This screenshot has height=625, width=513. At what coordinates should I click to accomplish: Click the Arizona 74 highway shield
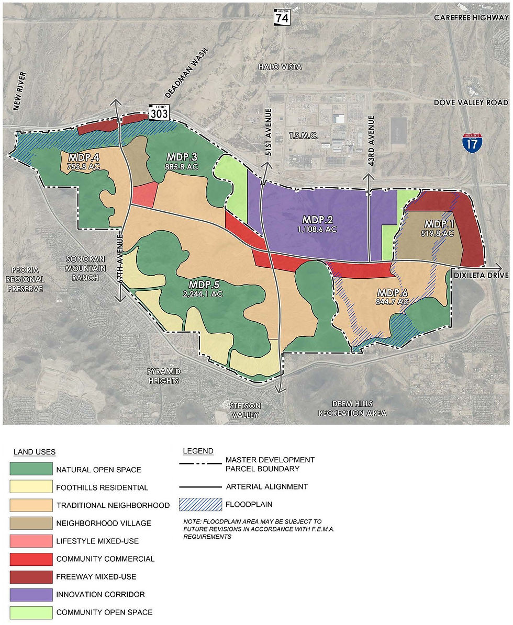[282, 17]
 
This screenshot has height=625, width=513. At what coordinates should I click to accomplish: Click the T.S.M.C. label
[304, 136]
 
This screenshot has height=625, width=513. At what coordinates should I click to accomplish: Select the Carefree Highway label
[471, 18]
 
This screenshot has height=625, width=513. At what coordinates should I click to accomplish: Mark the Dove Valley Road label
[471, 103]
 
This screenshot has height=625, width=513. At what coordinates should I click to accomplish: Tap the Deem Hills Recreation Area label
[353, 408]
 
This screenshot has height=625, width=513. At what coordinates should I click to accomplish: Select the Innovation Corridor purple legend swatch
[31, 594]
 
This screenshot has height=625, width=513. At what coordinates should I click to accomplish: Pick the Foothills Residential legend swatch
[31, 487]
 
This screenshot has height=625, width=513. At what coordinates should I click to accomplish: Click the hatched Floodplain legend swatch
[198, 504]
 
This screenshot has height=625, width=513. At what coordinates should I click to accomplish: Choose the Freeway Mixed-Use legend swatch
[31, 576]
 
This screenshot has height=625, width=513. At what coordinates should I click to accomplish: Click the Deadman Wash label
[186, 73]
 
